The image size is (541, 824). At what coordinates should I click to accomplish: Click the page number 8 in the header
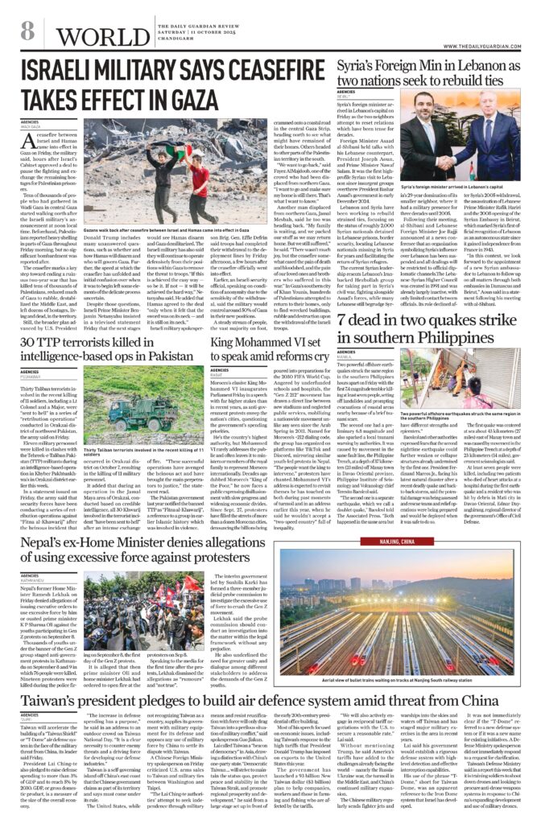tap(27, 31)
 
